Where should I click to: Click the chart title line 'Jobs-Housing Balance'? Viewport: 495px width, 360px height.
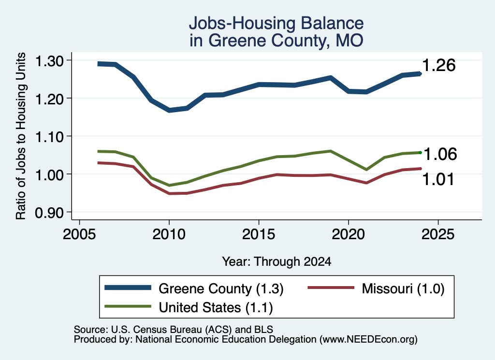click(276, 23)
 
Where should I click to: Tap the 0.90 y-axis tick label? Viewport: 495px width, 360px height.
click(49, 213)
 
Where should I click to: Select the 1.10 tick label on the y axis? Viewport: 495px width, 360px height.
click(49, 137)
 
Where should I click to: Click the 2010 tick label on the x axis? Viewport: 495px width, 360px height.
click(169, 234)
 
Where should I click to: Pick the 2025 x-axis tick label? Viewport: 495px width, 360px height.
click(438, 234)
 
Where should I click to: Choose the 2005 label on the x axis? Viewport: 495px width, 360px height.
click(79, 234)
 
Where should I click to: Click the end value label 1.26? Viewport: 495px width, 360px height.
click(439, 65)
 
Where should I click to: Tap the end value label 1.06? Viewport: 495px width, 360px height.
click(440, 154)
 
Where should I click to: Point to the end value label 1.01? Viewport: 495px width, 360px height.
click(438, 179)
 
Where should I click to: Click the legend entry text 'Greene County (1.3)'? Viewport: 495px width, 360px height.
click(221, 288)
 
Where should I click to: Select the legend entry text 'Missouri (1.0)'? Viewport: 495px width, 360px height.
click(403, 288)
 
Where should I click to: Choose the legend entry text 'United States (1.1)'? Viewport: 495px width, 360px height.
click(216, 307)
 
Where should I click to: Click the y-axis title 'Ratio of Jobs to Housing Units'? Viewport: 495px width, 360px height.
click(21, 136)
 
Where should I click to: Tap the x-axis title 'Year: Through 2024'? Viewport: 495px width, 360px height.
click(277, 261)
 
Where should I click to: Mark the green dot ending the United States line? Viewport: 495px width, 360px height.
click(420, 153)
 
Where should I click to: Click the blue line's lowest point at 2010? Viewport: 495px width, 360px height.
click(169, 110)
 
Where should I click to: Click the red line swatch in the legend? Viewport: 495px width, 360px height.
click(331, 288)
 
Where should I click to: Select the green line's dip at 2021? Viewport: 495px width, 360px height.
click(366, 170)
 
